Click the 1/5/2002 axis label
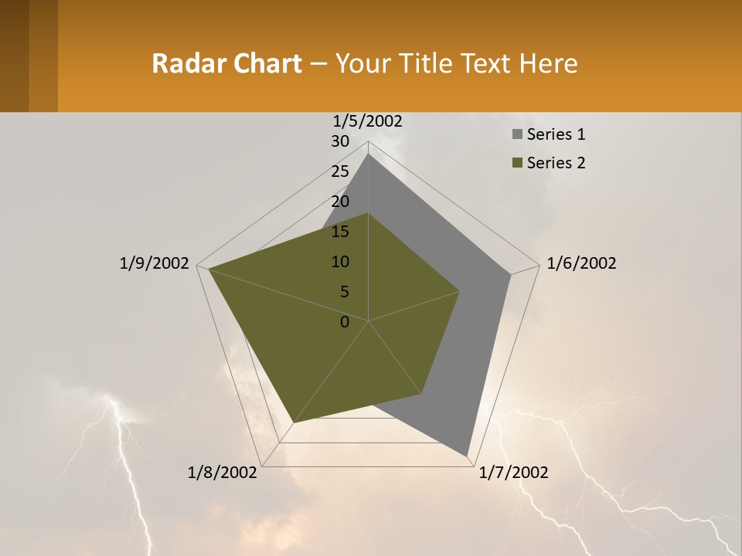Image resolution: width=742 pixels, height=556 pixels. tap(367, 121)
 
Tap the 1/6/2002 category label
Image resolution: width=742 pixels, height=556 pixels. tap(581, 263)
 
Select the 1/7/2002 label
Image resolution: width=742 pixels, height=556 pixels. tap(513, 473)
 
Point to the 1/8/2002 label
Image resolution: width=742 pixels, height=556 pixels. tap(223, 473)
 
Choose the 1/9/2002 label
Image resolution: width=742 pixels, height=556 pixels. tap(154, 263)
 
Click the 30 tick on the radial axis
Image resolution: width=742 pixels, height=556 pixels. tap(340, 141)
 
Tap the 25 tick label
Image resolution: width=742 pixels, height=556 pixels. tap(340, 171)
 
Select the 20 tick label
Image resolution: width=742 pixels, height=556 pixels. tap(340, 202)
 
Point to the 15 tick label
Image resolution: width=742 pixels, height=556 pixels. tap(340, 232)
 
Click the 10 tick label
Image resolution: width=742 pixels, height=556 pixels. tap(340, 262)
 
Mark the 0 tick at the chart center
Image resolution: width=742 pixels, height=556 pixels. tap(345, 322)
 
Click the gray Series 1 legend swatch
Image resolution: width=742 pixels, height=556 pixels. tap(517, 135)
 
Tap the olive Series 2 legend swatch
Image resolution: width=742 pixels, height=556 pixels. tap(517, 163)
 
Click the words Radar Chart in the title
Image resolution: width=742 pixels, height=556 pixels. tap(226, 63)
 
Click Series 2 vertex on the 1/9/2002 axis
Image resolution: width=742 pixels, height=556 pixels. tap(209, 269)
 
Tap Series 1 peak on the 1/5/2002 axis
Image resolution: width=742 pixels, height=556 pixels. tap(369, 154)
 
